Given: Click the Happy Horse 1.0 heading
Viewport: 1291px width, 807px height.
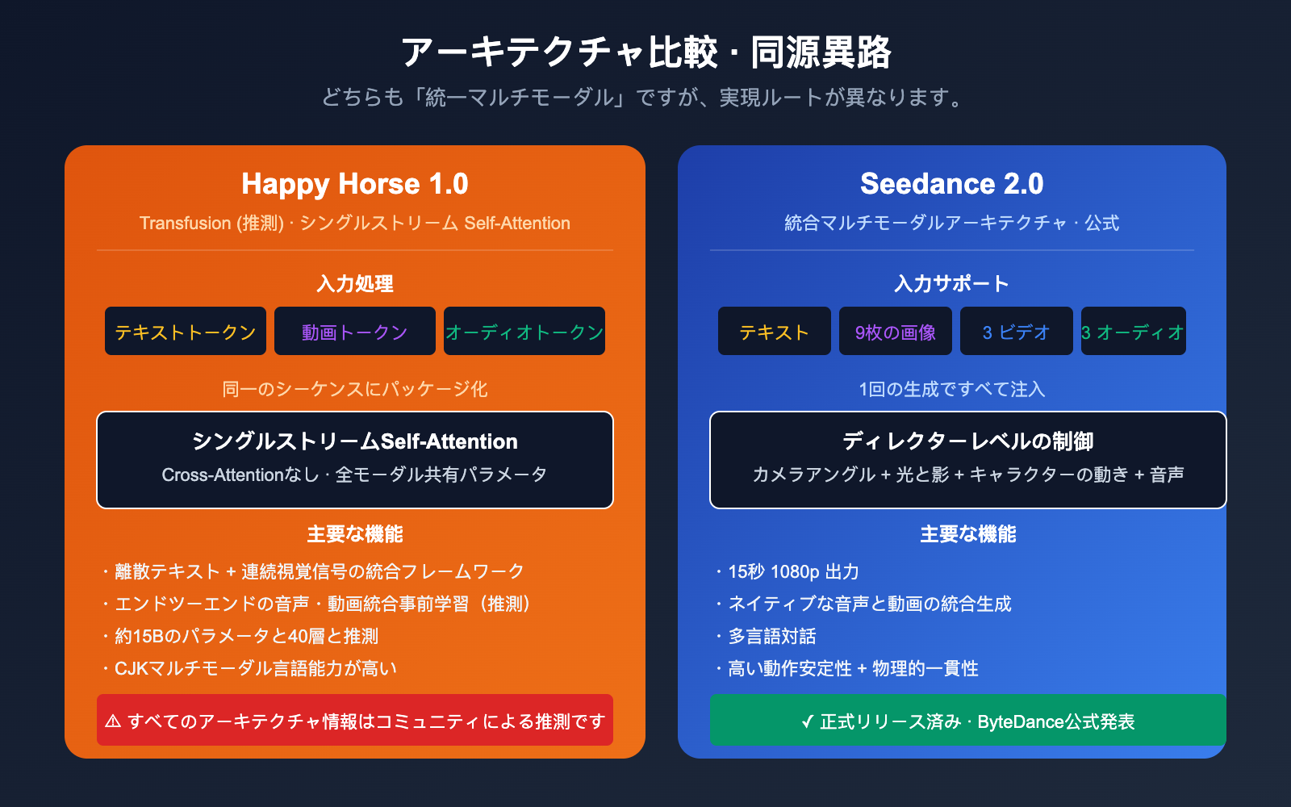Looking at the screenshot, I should click(x=355, y=184).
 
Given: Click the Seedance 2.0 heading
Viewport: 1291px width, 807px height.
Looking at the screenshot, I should click(x=952, y=184).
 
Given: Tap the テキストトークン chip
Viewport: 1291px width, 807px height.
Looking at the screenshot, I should click(x=186, y=332).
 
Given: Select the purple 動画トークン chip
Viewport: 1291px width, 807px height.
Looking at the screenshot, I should click(x=355, y=332).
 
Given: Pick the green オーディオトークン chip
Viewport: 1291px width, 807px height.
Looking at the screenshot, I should click(x=524, y=332).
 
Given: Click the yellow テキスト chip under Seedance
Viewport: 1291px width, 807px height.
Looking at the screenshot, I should click(x=775, y=332).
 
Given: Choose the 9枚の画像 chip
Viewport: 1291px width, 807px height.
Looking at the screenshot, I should click(x=896, y=332).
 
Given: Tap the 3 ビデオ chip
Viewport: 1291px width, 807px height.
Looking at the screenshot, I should click(x=1017, y=332).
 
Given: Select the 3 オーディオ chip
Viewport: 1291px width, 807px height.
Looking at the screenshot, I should click(x=1133, y=332).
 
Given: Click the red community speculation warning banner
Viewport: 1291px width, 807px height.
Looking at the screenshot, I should click(x=355, y=721).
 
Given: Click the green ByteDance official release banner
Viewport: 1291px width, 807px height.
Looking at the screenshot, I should click(x=968, y=721).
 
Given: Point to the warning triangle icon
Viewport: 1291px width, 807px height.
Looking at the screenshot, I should click(x=113, y=721).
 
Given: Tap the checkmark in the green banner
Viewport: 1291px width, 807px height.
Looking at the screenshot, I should click(x=807, y=721).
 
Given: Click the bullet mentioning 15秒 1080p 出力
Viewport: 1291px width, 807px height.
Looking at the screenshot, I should click(x=793, y=572).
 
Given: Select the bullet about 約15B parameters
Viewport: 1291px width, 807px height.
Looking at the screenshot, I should click(x=246, y=637).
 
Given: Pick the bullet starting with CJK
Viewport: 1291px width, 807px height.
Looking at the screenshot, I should click(x=255, y=669).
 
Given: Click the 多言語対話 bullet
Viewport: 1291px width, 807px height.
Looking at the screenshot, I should click(x=772, y=637).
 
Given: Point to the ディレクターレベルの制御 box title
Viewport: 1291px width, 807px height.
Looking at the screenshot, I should click(x=968, y=441).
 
